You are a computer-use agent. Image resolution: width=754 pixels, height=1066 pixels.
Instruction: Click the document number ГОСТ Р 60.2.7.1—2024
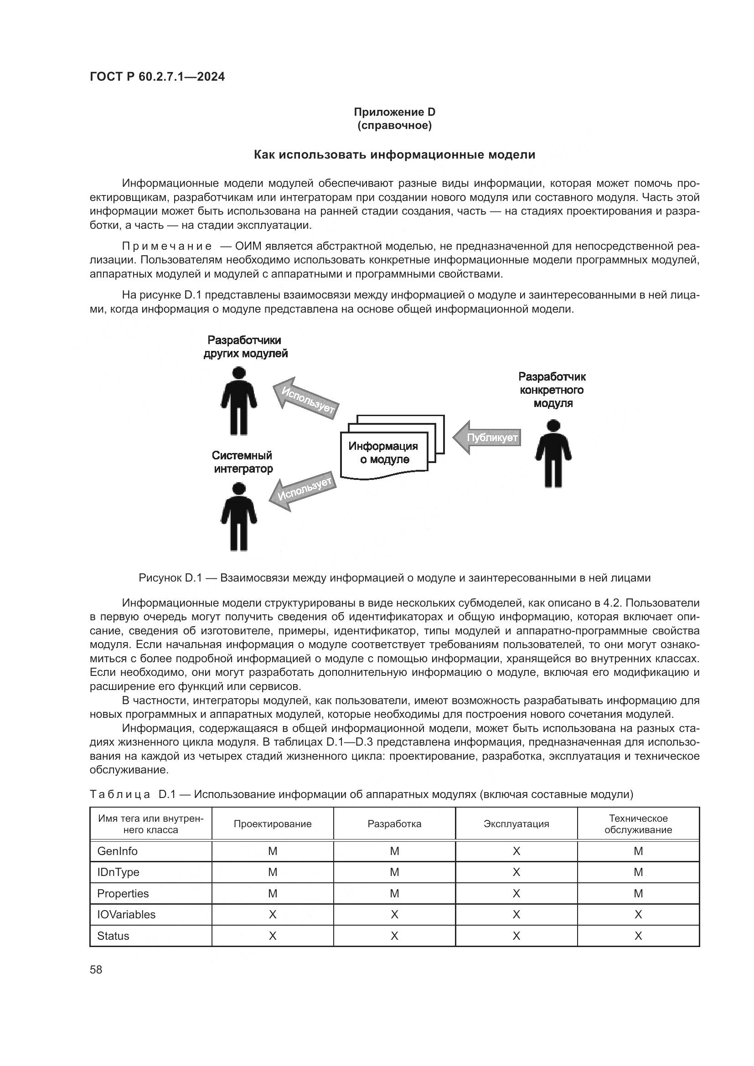(157, 77)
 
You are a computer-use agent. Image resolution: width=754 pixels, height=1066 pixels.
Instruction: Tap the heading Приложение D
(394, 112)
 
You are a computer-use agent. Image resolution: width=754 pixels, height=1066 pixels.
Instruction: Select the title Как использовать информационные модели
(394, 154)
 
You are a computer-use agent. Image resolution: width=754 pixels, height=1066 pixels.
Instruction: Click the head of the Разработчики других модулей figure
(239, 373)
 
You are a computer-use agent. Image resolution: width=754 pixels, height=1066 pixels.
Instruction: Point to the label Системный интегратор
(243, 462)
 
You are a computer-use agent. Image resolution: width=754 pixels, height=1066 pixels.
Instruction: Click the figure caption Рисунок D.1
(394, 578)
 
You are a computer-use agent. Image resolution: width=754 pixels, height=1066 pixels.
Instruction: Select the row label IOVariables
(126, 915)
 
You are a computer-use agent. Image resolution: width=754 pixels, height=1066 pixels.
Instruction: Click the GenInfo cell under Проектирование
(273, 851)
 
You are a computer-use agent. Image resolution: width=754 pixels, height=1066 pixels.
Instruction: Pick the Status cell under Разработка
(394, 936)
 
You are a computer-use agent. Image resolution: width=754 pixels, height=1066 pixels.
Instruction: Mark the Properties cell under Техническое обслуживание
(638, 894)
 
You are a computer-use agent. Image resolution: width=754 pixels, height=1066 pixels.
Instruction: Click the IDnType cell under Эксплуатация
(516, 872)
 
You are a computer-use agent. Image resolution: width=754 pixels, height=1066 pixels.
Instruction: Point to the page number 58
(96, 970)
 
